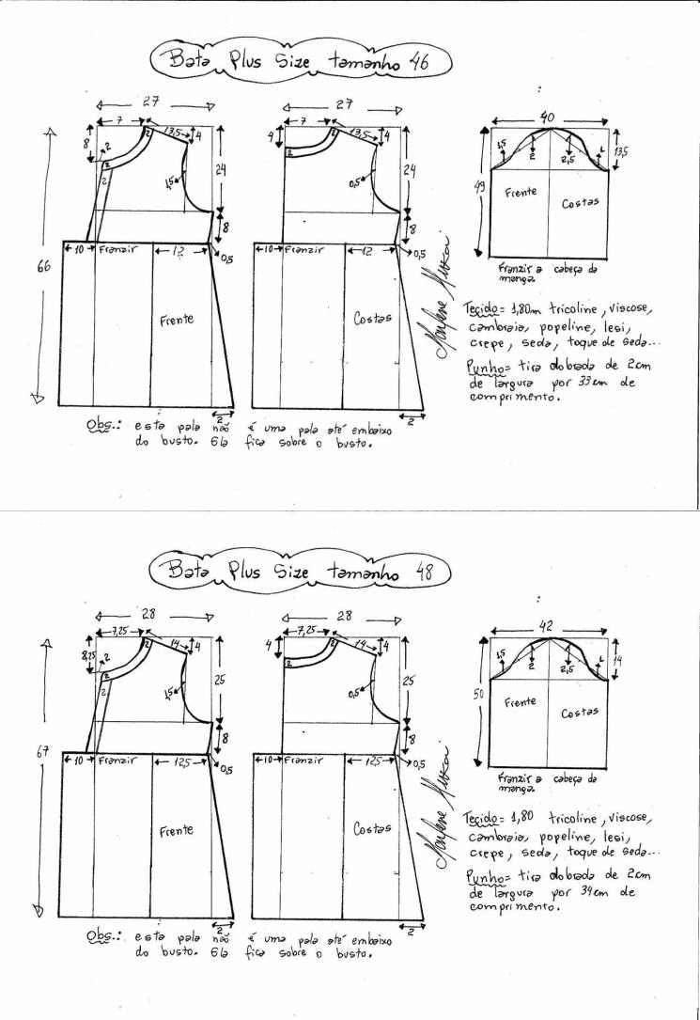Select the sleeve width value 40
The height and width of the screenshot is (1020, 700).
point(546,117)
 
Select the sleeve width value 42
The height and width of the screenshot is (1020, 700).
point(546,627)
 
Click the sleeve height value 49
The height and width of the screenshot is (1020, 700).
point(479,188)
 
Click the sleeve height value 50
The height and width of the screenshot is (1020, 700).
point(479,696)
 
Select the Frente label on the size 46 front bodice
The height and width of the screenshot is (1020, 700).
point(176,320)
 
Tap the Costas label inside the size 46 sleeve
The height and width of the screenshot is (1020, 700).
point(580,204)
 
